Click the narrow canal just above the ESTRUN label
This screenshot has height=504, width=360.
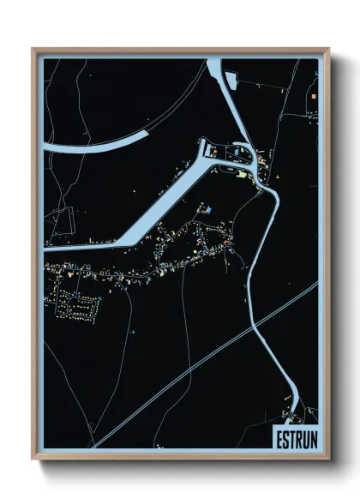(x=293, y=410)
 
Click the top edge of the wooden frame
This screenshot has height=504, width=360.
(x=180, y=50)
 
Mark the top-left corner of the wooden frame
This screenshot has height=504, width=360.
(x=34, y=50)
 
